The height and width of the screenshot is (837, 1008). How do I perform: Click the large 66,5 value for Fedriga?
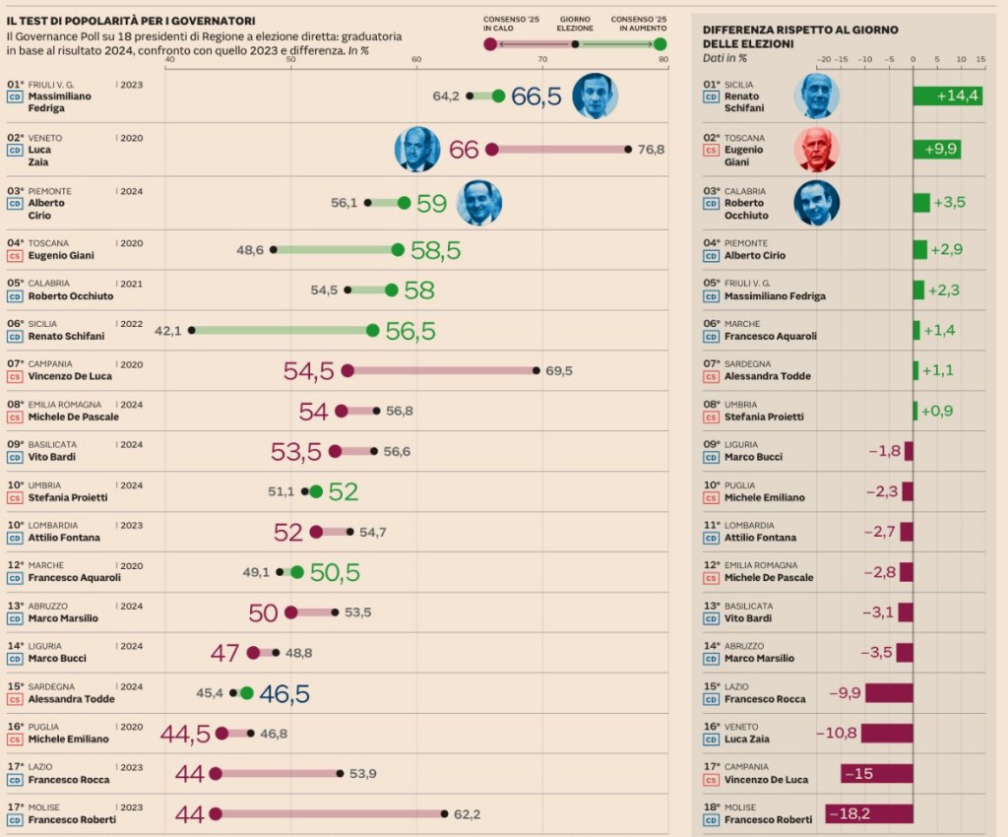point(536,97)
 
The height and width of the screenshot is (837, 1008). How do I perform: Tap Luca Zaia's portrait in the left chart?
point(417,149)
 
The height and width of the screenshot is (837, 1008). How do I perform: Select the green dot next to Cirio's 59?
point(404,203)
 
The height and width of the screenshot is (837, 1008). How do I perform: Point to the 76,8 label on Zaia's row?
point(651,150)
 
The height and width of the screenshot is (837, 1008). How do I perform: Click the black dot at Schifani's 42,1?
point(192,331)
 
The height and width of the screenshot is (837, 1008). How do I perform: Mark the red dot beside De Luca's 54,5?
point(346,371)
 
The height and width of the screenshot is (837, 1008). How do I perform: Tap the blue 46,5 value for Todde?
point(284,693)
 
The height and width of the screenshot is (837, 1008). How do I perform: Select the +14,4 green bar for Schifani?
point(947,96)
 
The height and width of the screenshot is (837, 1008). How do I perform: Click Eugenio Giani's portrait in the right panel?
point(816,150)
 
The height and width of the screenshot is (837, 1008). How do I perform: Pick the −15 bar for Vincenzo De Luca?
point(876,774)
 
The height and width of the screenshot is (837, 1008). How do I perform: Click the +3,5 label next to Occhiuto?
point(950,203)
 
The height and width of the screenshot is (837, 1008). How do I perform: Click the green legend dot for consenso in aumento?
point(660,44)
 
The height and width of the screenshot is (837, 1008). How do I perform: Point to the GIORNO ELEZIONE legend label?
point(575,24)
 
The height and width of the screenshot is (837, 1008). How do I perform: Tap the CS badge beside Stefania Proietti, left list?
point(15,497)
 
